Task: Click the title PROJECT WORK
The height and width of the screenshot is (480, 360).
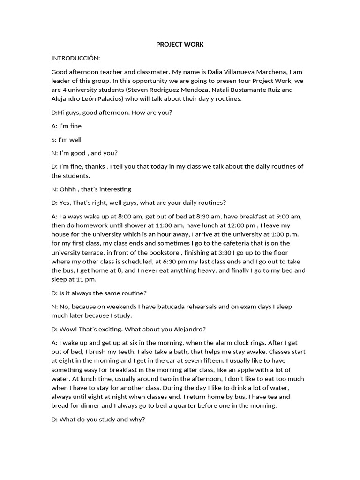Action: (180, 45)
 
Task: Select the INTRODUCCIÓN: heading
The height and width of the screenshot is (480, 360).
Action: (75, 58)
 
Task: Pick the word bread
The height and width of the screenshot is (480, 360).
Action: (60, 405)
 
